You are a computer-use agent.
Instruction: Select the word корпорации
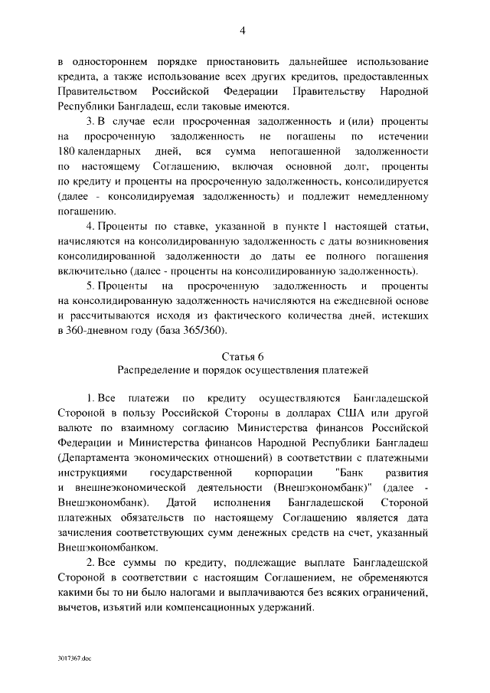[x=282, y=472]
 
